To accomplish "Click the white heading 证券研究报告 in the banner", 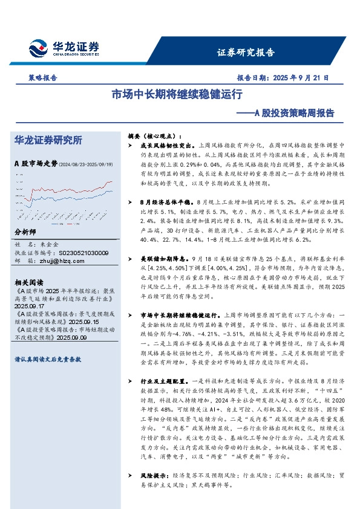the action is tap(246, 52).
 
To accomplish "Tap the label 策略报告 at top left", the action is tap(42, 78).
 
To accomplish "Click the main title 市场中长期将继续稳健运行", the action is tap(177, 94).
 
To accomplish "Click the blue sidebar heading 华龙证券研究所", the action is tap(48, 140).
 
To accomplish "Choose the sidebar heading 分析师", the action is tap(25, 232).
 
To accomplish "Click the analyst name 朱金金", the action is tap(53, 244).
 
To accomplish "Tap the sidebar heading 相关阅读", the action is tap(28, 282).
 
